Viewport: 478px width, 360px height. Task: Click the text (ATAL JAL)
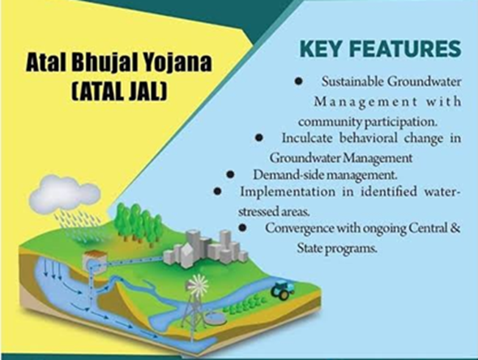pyautogui.click(x=120, y=91)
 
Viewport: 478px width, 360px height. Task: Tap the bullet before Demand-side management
pyautogui.click(x=230, y=175)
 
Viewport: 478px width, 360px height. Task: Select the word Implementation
pyautogui.click(x=288, y=192)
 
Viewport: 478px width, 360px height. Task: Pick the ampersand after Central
pyautogui.click(x=455, y=228)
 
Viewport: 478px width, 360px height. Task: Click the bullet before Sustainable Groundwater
pyautogui.click(x=298, y=81)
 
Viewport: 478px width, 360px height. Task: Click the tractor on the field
pyautogui.click(x=283, y=290)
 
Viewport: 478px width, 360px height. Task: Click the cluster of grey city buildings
pyautogui.click(x=205, y=250)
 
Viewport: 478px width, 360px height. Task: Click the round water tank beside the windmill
pyautogui.click(x=216, y=319)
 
